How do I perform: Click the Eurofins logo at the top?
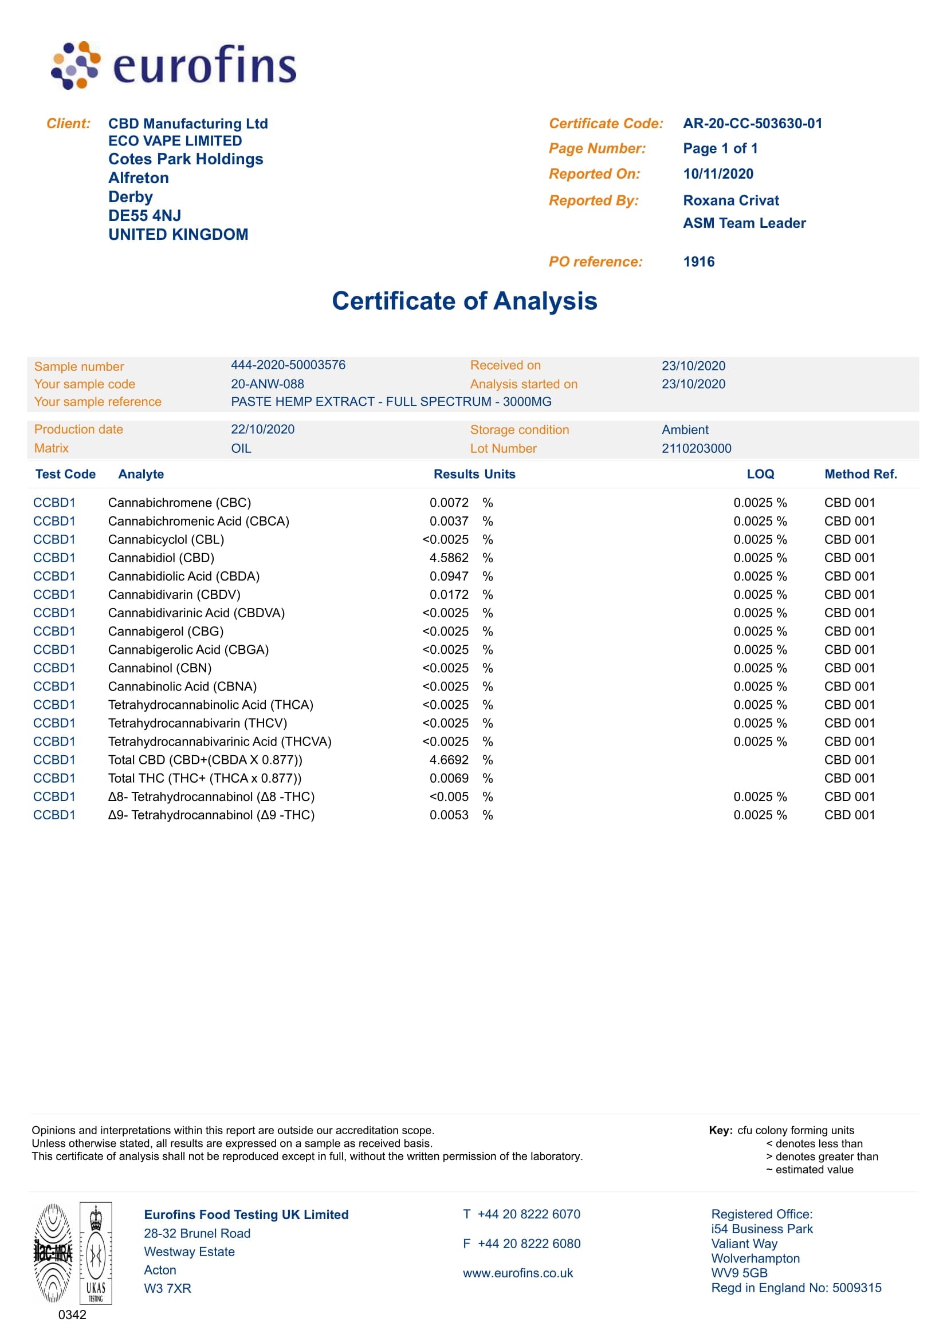[x=174, y=65]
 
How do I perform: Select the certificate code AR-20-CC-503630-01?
[x=752, y=124]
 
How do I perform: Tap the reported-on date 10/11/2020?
[x=718, y=173]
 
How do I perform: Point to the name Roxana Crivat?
[x=730, y=200]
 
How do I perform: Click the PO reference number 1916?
[x=698, y=262]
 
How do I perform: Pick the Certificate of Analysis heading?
[x=464, y=301]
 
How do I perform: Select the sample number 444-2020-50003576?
[x=288, y=365]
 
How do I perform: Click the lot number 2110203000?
[x=696, y=448]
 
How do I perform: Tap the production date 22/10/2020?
[x=262, y=429]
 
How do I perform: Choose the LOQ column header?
[x=760, y=475]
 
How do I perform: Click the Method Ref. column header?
[x=860, y=475]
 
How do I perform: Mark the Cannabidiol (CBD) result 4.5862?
[x=449, y=558]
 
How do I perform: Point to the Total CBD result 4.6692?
[x=449, y=760]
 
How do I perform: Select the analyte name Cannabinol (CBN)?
[x=160, y=668]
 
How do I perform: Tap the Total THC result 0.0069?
[x=449, y=779]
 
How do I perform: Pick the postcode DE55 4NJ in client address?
[x=144, y=216]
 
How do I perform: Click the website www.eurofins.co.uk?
[x=518, y=1273]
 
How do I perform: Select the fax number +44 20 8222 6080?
[x=529, y=1244]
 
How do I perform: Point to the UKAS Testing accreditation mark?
[x=96, y=1252]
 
